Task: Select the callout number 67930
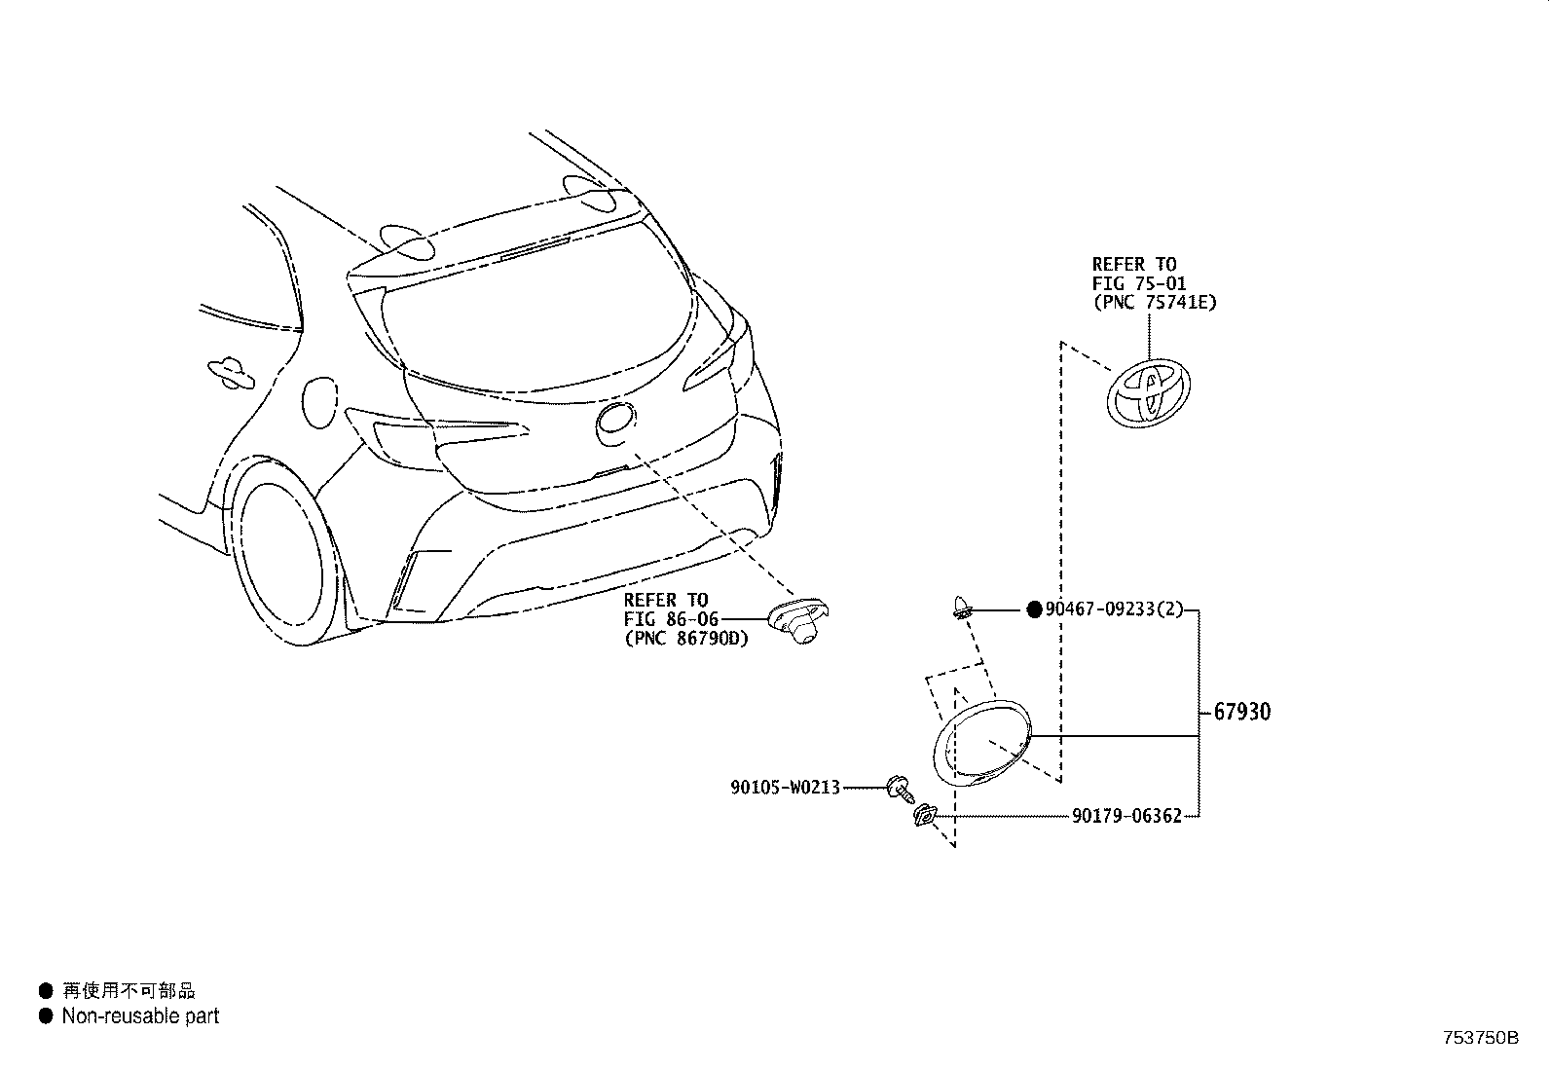[x=1242, y=712]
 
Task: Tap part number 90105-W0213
[x=786, y=787]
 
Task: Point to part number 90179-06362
[x=1126, y=816]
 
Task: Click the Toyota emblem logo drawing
[x=1149, y=393]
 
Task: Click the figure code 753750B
[x=1481, y=1038]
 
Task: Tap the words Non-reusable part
[x=140, y=1016]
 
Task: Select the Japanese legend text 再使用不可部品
[x=129, y=991]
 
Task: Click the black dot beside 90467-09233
[x=1034, y=609]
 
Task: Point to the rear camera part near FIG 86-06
[x=798, y=620]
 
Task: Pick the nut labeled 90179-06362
[x=923, y=815]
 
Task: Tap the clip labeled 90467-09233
[x=962, y=608]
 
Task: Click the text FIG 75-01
[x=1138, y=283]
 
